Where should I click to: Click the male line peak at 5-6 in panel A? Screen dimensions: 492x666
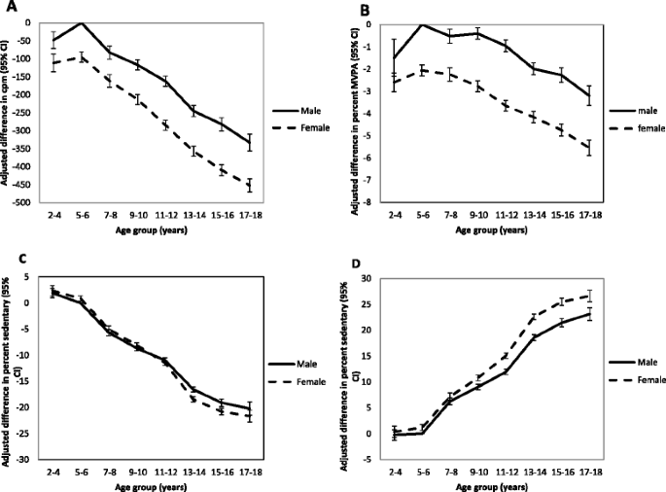click(82, 22)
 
